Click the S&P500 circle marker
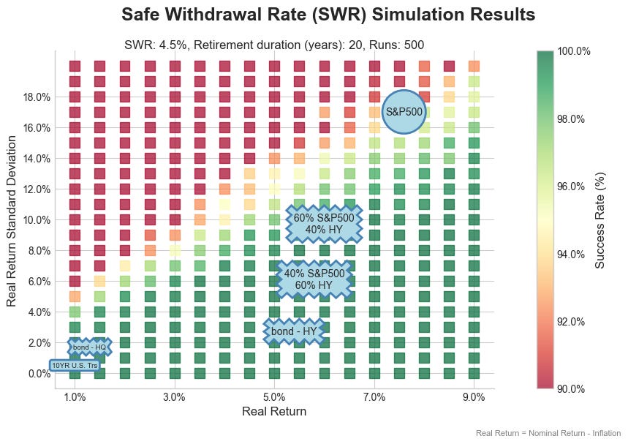tap(404, 112)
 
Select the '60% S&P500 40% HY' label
tap(324, 223)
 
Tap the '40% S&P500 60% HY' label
tap(314, 279)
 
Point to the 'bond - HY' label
tap(294, 331)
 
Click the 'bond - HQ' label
tap(89, 347)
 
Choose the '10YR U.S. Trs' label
tap(75, 365)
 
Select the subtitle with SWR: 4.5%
tap(274, 45)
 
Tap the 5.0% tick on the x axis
tap(274, 397)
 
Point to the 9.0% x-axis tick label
tap(474, 397)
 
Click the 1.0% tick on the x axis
tap(75, 397)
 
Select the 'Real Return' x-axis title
tap(274, 412)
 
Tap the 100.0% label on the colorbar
tap(575, 51)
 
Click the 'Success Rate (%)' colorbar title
tap(599, 219)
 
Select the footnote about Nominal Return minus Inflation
tap(547, 433)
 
